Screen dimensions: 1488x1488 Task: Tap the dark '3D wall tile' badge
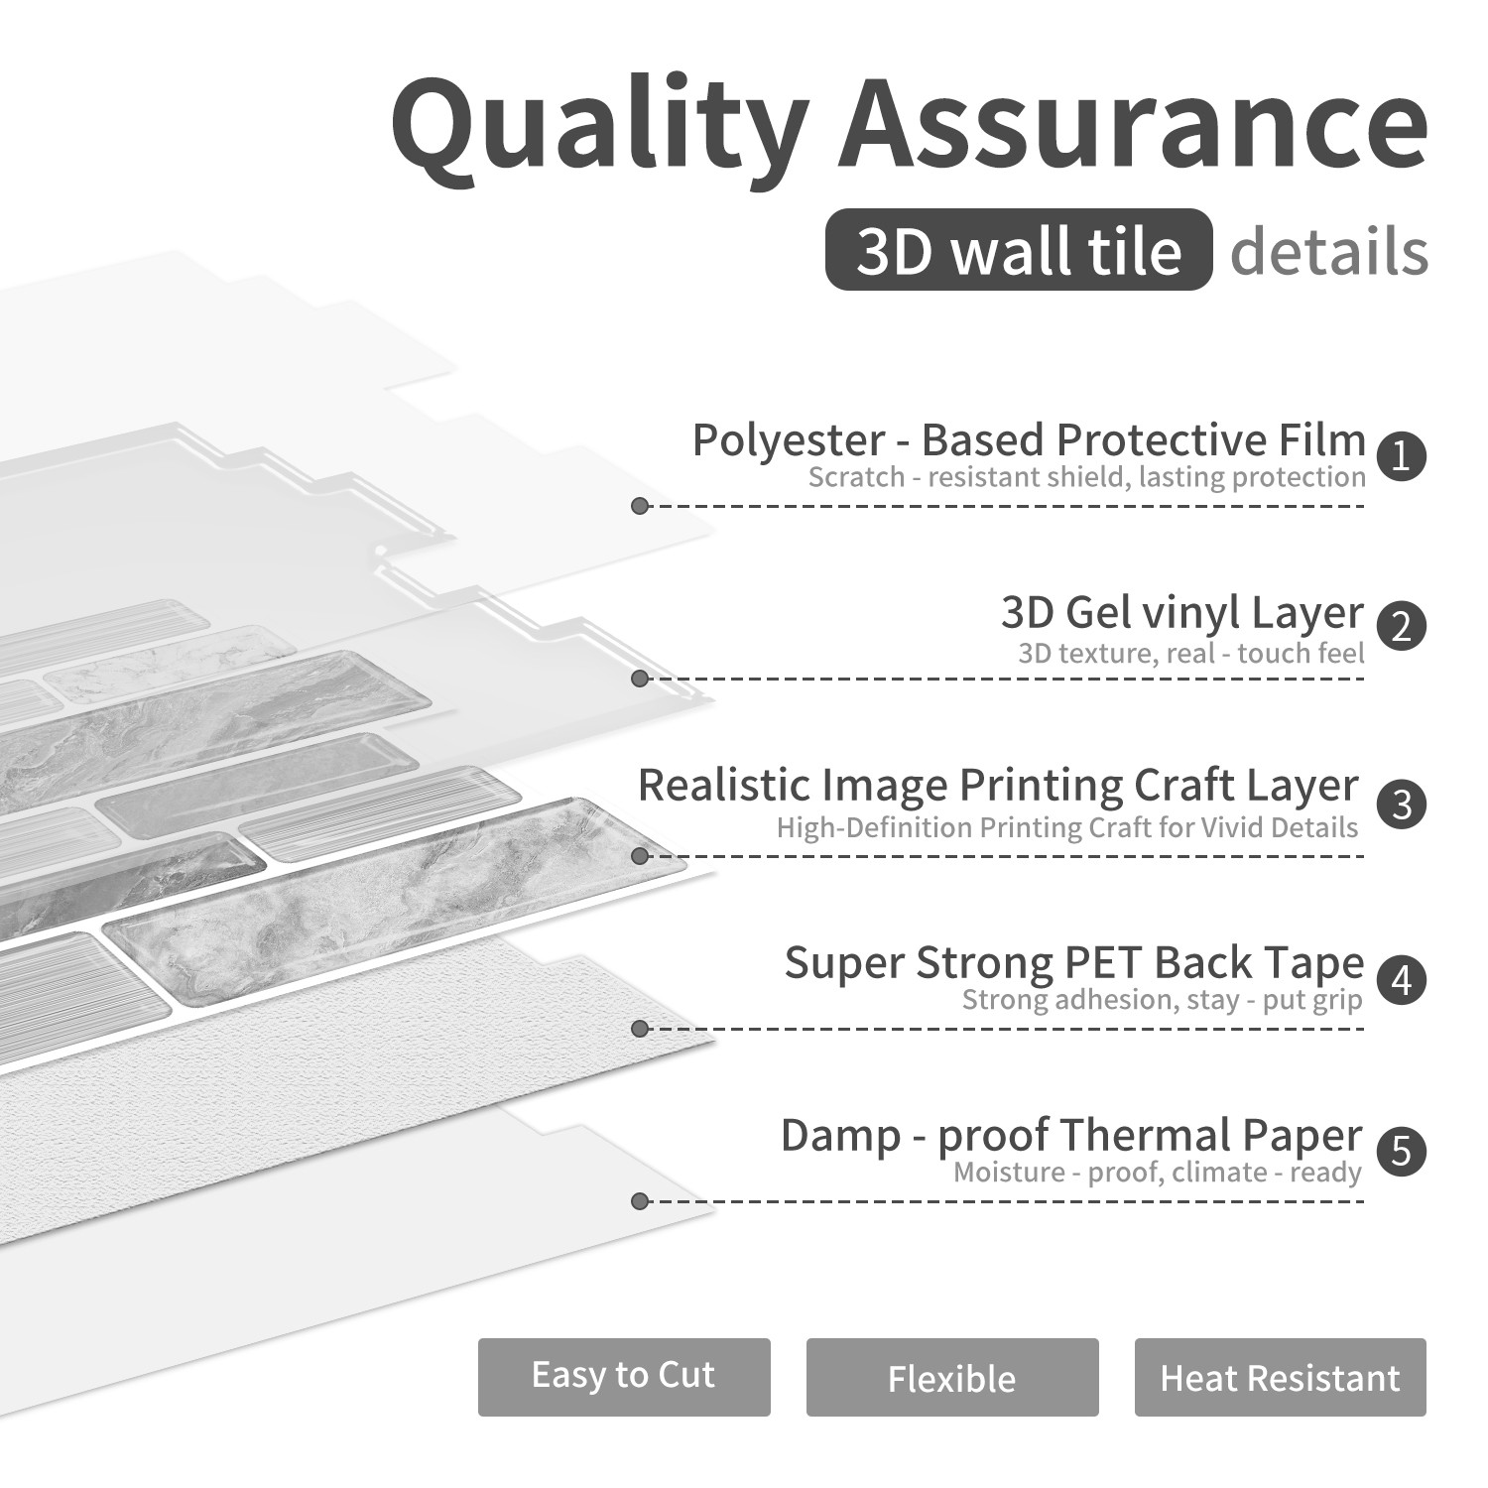coord(1019,250)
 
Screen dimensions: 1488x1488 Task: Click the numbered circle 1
coord(1402,456)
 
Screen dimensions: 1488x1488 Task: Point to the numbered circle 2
coord(1402,627)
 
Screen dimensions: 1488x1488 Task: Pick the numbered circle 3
coord(1402,803)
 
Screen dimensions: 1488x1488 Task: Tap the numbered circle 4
coord(1402,979)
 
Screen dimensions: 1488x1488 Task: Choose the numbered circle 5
coord(1402,1151)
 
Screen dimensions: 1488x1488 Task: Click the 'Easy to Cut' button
coord(624,1377)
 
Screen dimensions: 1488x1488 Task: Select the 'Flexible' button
coord(952,1377)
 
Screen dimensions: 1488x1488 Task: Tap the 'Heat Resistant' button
coord(1281,1377)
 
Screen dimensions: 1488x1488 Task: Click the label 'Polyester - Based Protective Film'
coord(1029,439)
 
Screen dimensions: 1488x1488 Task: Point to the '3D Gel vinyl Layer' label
coord(1182,613)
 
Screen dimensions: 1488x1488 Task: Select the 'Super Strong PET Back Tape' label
coord(1074,962)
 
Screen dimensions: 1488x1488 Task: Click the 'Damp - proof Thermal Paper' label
coord(1071,1136)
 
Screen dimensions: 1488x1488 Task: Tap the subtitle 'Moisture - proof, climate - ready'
coord(1158,1173)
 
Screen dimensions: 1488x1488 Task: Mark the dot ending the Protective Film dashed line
coord(640,506)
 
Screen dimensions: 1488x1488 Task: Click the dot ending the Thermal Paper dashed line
coord(640,1201)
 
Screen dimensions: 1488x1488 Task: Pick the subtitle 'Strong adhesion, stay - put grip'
coord(1162,999)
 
